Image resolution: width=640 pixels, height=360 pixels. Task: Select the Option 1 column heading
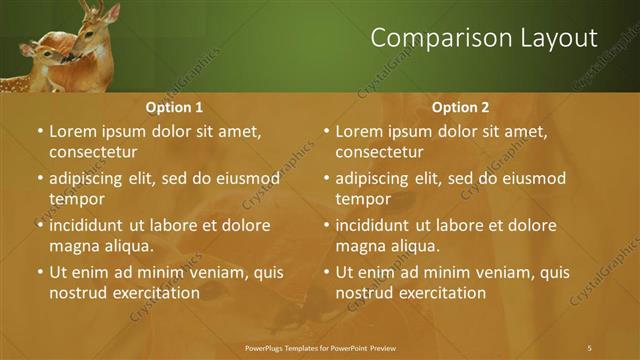[174, 107]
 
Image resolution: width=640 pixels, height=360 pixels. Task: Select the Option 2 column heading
[460, 107]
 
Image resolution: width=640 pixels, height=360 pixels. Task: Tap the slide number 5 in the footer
[589, 347]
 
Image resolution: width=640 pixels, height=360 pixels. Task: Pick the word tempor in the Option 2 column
[361, 199]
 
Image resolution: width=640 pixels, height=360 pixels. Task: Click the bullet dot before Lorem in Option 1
[40, 132]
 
